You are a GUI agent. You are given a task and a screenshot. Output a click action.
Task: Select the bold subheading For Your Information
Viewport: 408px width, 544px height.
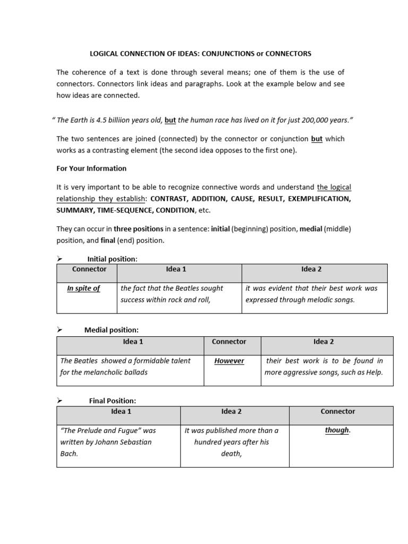[x=91, y=168]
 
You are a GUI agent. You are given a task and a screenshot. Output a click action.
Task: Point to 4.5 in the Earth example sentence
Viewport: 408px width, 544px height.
[x=103, y=120]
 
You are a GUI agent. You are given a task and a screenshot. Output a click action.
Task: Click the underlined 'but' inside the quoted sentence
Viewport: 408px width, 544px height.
[x=170, y=120]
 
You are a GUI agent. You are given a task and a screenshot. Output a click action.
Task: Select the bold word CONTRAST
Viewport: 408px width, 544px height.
[x=169, y=199]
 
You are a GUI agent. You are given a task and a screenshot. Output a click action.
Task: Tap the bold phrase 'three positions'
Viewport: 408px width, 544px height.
[x=139, y=229]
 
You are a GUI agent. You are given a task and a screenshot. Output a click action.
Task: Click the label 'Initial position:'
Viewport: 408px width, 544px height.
[x=112, y=259]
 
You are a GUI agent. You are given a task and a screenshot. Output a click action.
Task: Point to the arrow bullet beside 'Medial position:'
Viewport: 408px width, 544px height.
[x=60, y=330]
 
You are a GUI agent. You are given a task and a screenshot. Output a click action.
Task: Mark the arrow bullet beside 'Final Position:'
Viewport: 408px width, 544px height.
[x=60, y=400]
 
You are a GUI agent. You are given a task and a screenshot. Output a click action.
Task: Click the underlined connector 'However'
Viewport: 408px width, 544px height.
[x=229, y=361]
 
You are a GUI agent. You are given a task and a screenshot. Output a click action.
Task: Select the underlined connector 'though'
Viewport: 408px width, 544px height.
[x=337, y=430]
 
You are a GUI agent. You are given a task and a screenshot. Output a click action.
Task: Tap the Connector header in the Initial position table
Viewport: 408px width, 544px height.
[x=89, y=269]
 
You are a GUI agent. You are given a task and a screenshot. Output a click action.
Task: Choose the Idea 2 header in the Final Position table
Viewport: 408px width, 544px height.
[x=231, y=412]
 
